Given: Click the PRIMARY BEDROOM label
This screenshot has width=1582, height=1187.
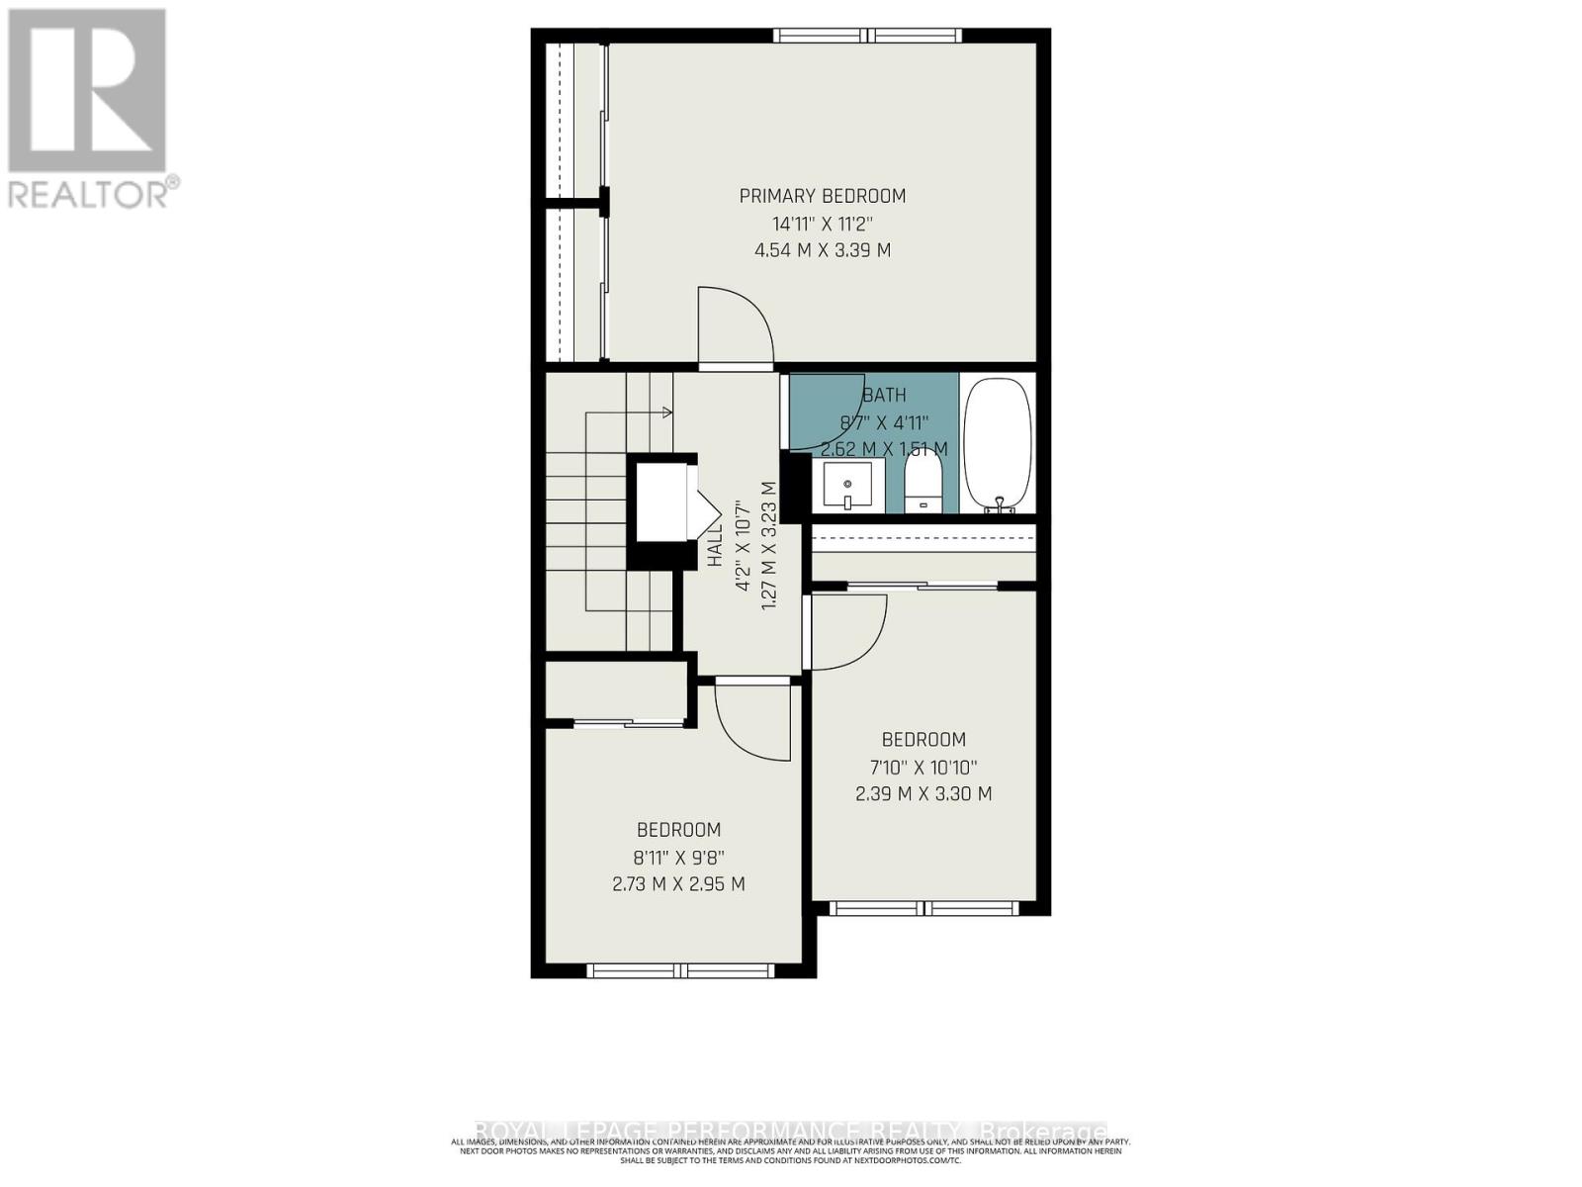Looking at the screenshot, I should [x=822, y=196].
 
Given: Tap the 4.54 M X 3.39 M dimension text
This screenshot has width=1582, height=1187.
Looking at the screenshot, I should [x=822, y=250].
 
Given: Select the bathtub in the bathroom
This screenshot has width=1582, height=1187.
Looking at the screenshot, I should [x=997, y=445].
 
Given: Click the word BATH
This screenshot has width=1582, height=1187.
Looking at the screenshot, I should [x=884, y=395].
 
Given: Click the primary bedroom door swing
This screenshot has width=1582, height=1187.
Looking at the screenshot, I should [x=734, y=326].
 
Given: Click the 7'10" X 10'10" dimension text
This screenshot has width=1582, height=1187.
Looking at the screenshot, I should [x=923, y=767].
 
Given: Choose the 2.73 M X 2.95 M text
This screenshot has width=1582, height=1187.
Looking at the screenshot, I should [x=678, y=883].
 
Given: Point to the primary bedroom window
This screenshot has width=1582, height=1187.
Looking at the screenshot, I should [x=867, y=36].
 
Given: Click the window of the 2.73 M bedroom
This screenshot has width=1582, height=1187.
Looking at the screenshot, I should [x=684, y=970].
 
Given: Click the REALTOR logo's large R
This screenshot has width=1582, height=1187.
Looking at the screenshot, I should [x=87, y=91].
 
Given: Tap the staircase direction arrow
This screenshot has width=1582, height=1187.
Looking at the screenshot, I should [x=666, y=411].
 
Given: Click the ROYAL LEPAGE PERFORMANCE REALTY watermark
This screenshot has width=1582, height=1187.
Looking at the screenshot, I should [x=791, y=1131].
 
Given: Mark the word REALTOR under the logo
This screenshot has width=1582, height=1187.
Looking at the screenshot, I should [x=89, y=193].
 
